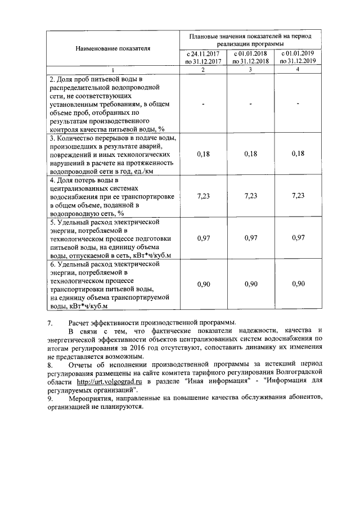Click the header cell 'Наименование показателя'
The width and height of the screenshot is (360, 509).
tap(112, 48)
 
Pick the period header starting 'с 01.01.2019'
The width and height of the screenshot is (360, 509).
tap(298, 57)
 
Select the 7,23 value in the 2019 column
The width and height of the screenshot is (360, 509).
tap(298, 196)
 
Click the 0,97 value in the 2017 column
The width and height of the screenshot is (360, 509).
tap(203, 238)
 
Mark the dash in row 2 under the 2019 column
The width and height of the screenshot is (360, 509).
tap(298, 103)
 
